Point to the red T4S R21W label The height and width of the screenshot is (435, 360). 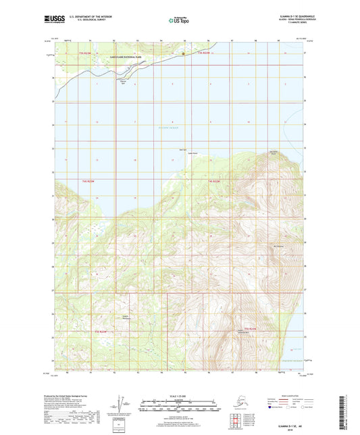click(x=215, y=180)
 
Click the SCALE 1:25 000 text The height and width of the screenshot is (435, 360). click(x=180, y=396)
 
